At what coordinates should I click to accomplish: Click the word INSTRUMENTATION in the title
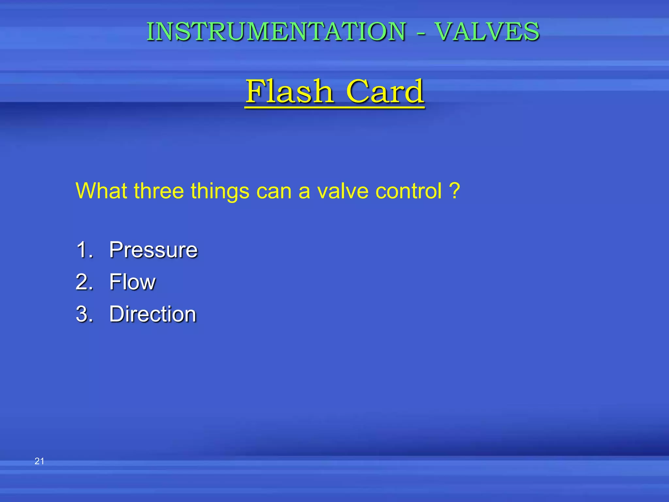(276, 32)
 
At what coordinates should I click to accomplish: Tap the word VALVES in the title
(487, 32)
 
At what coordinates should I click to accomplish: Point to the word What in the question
(101, 191)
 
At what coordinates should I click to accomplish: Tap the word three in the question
(159, 191)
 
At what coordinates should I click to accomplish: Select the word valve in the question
(343, 191)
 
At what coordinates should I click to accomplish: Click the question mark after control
(454, 191)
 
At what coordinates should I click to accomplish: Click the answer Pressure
(153, 250)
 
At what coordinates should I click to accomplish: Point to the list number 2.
(84, 282)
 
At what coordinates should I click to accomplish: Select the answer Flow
(132, 282)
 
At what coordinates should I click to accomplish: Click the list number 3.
(84, 314)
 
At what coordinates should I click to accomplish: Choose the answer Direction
(153, 314)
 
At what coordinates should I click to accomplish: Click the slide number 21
(39, 461)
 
